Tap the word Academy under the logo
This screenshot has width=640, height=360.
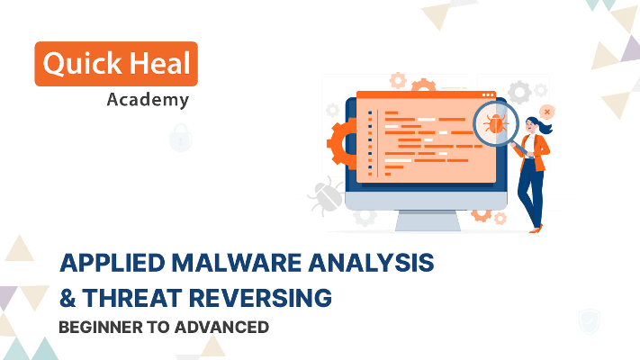point(148,99)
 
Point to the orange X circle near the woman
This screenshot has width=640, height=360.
point(547,111)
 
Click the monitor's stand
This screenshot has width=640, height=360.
point(428,219)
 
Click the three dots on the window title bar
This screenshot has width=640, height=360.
point(487,94)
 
